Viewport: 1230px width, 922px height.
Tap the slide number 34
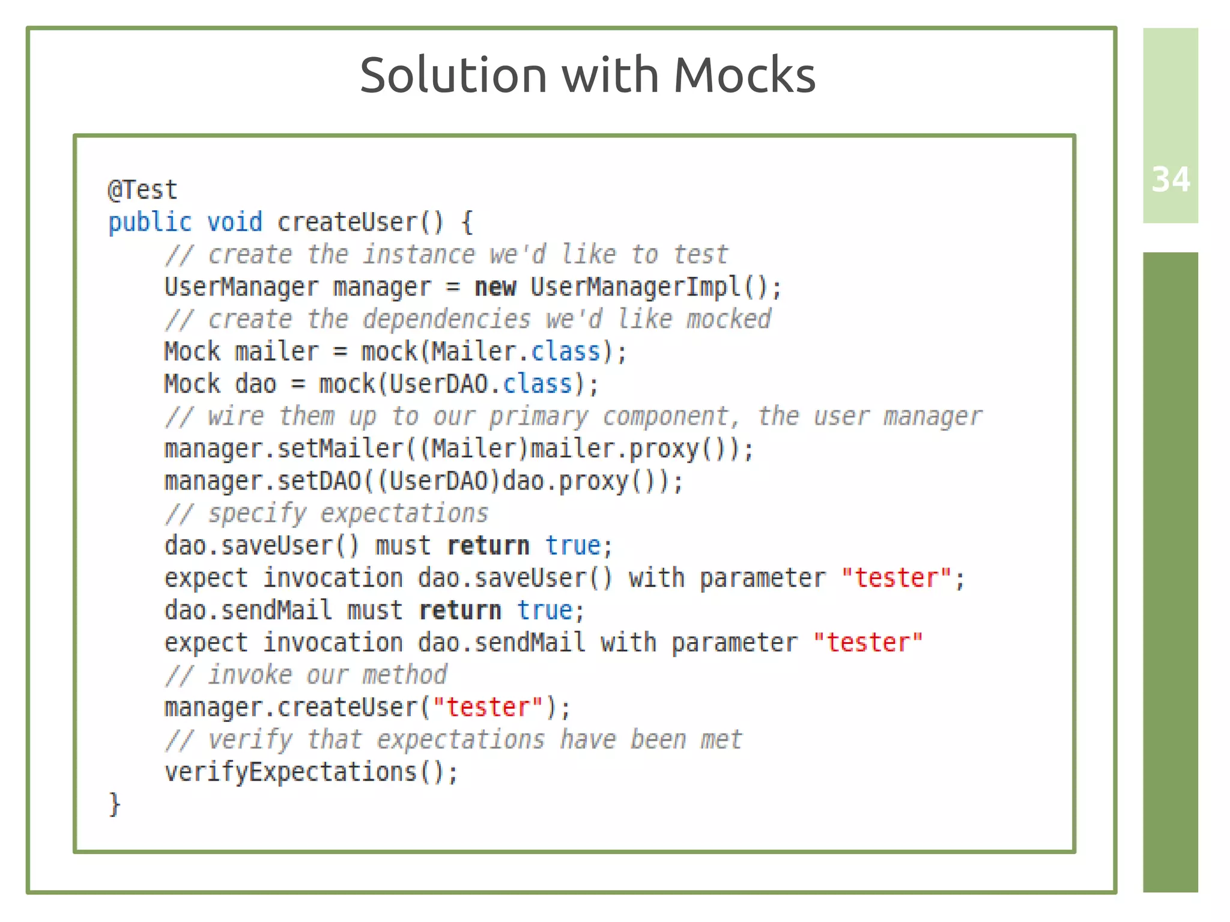pyautogui.click(x=1170, y=180)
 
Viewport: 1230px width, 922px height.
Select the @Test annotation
pyautogui.click(x=142, y=190)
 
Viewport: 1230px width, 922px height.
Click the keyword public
pyautogui.click(x=150, y=223)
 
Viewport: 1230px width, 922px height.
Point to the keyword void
pyautogui.click(x=235, y=223)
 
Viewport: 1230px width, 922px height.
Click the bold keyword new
pyautogui.click(x=495, y=287)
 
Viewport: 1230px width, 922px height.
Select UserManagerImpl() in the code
pyautogui.click(x=655, y=287)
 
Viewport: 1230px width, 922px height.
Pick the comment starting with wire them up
pyautogui.click(x=574, y=417)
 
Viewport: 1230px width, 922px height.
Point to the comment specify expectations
pyautogui.click(x=327, y=514)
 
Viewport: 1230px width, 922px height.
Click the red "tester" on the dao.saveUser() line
pyautogui.click(x=896, y=578)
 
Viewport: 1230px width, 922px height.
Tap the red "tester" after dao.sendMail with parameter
pyautogui.click(x=868, y=643)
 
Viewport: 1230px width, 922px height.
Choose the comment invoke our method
pyautogui.click(x=306, y=676)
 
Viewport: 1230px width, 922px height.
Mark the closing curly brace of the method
pyautogui.click(x=114, y=804)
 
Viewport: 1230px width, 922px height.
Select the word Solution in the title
pyautogui.click(x=453, y=76)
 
